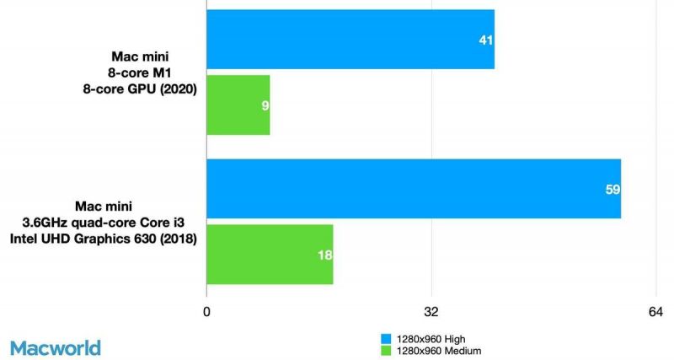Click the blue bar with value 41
pos(350,40)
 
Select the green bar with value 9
pos(238,105)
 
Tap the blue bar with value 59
pos(413,189)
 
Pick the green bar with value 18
pos(270,255)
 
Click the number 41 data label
pos(485,40)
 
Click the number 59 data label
pos(612,190)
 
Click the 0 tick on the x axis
pos(207,313)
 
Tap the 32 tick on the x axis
pos(431,313)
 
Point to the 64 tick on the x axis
pos(655,313)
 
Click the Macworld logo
pos(56,347)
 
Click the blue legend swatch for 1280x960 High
pos(387,337)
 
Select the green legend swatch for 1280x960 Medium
pos(387,349)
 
